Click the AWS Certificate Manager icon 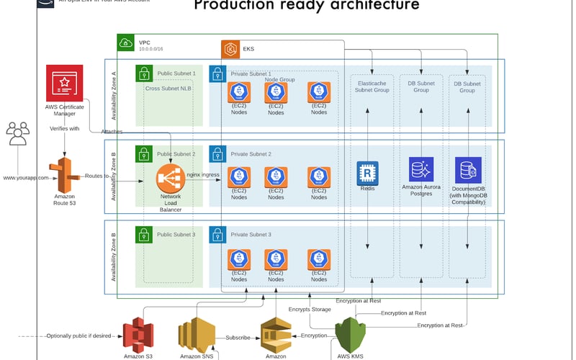(64, 83)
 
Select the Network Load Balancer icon (171, 177)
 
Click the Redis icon (368, 172)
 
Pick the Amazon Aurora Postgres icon (420, 169)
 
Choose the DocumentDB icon (468, 169)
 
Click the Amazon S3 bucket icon (138, 336)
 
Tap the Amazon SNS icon (197, 336)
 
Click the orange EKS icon (231, 50)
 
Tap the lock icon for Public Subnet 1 (144, 73)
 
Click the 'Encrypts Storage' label (310, 309)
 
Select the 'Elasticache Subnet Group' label (373, 87)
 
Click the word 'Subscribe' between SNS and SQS (238, 336)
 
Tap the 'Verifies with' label (64, 128)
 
